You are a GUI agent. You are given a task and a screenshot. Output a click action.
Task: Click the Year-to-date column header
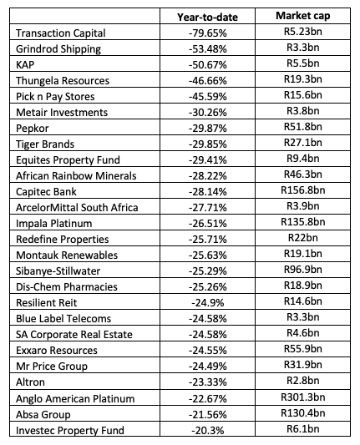click(x=207, y=18)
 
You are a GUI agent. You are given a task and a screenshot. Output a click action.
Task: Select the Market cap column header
click(x=303, y=16)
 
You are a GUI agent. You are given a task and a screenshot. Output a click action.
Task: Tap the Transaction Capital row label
click(x=61, y=33)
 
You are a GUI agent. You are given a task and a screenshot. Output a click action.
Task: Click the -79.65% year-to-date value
click(x=208, y=33)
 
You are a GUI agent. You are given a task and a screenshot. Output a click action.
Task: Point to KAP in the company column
click(x=25, y=65)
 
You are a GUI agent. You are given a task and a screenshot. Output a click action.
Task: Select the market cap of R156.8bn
click(x=303, y=190)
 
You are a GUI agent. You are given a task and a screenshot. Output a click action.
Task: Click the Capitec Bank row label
click(x=46, y=192)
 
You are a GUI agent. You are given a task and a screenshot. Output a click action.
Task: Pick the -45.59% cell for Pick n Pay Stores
click(x=208, y=97)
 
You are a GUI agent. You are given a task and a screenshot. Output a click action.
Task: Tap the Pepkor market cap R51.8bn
click(x=303, y=127)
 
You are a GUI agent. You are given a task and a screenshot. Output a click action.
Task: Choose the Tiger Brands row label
click(x=45, y=144)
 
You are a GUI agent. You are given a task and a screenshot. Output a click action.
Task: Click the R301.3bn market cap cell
click(x=303, y=397)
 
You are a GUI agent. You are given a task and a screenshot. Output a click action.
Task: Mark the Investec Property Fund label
click(x=70, y=431)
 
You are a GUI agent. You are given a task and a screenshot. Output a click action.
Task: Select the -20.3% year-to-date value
click(x=208, y=431)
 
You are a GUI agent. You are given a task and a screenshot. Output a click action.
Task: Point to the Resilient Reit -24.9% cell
click(x=208, y=303)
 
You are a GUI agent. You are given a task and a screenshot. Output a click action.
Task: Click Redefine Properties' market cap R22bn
click(x=303, y=238)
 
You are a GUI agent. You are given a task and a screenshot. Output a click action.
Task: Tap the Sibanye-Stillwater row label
click(x=58, y=271)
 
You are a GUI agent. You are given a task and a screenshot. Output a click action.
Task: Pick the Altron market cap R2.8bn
click(x=303, y=380)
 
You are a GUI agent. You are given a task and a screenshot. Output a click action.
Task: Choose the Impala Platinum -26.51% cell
click(x=208, y=224)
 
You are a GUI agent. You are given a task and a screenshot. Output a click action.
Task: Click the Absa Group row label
click(x=43, y=415)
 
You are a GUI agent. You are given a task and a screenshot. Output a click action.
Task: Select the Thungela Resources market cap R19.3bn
click(x=303, y=78)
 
